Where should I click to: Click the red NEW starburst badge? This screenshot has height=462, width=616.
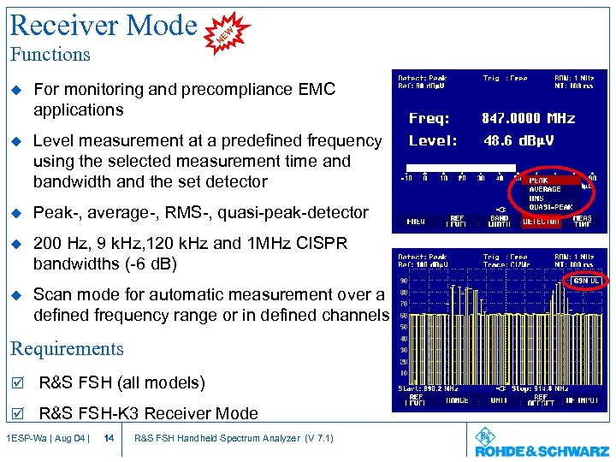point(226,33)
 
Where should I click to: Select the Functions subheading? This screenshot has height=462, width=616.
point(50,55)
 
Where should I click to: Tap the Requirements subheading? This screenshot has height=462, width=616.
point(67,349)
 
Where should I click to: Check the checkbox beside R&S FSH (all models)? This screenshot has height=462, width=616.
point(16,382)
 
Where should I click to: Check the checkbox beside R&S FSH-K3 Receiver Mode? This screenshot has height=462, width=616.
point(16,414)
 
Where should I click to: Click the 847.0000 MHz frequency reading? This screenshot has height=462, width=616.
point(528,119)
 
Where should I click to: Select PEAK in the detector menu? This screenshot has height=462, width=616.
point(539,181)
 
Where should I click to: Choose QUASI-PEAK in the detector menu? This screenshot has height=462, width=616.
point(550,206)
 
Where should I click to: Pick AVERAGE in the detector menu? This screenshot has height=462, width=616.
point(545,189)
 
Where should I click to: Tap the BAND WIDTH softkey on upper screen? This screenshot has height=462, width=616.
point(499,222)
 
